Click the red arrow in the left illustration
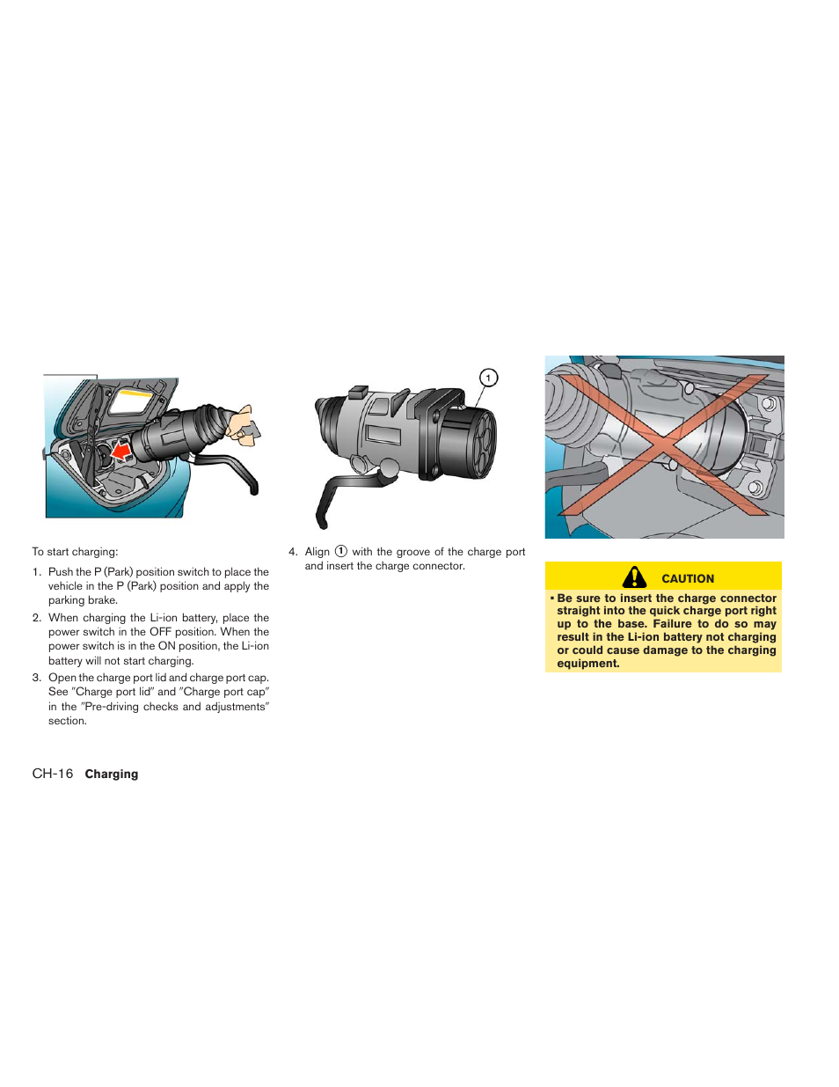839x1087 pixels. pyautogui.click(x=121, y=452)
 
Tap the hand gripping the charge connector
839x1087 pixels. pyautogui.click(x=240, y=424)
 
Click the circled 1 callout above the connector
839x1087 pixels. pyautogui.click(x=488, y=378)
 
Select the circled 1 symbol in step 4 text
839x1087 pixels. pyautogui.click(x=341, y=552)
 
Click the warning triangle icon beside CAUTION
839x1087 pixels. pyautogui.click(x=634, y=577)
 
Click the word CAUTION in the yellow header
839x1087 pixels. pyautogui.click(x=688, y=578)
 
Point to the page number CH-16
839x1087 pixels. pyautogui.click(x=53, y=774)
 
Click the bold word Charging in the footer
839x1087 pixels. pyautogui.click(x=112, y=775)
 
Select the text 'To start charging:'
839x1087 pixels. pyautogui.click(x=75, y=552)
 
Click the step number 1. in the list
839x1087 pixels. pyautogui.click(x=37, y=572)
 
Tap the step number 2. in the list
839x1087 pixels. pyautogui.click(x=37, y=618)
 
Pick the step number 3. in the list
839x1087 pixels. pyautogui.click(x=37, y=678)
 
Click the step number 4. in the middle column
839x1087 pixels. pyautogui.click(x=293, y=552)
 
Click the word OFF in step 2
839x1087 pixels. pyautogui.click(x=160, y=632)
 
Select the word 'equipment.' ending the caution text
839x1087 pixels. pyautogui.click(x=588, y=664)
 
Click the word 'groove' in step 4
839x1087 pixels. pyautogui.click(x=413, y=552)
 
